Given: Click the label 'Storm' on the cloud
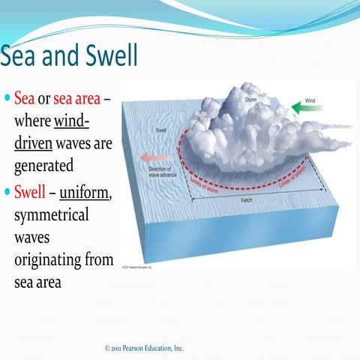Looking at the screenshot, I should click(252, 99).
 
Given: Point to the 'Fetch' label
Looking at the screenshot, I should click(246, 201).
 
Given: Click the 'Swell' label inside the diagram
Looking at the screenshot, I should click(160, 130).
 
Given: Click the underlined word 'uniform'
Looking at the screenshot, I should click(85, 193).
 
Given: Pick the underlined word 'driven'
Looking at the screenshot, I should click(36, 142).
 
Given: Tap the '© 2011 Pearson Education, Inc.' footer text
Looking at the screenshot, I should click(145, 348).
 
